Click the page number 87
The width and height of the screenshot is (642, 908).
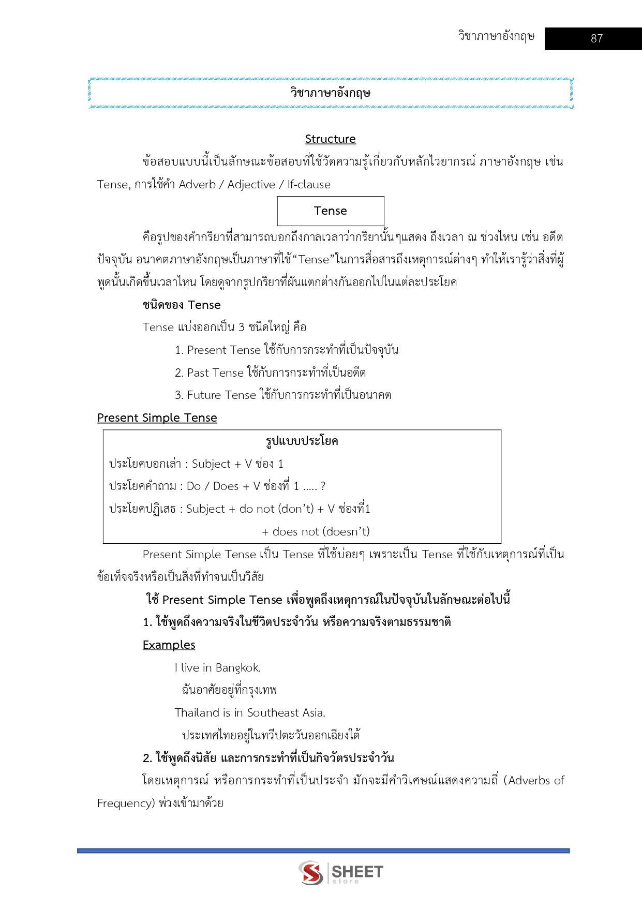596,38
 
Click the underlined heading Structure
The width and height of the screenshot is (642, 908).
330,139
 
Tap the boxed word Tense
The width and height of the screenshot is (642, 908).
330,211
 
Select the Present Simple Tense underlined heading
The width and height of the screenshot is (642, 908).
157,418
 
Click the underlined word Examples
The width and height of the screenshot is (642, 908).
169,645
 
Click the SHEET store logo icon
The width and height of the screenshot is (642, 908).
311,873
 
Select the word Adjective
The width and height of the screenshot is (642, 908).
251,184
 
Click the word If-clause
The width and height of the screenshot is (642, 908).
309,184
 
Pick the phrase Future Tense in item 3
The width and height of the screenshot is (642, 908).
221,395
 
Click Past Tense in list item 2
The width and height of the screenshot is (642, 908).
215,373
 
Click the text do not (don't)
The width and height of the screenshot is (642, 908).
276,509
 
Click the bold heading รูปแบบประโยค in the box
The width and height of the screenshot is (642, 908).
302,441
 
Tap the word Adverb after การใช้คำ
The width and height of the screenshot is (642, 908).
197,184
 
